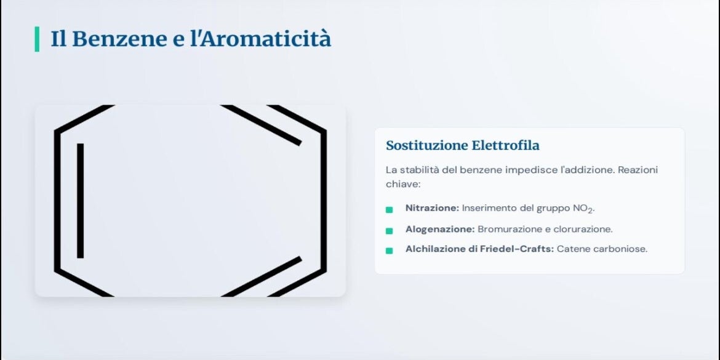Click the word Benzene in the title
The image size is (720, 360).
pyautogui.click(x=119, y=39)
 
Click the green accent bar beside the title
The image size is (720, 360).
pyautogui.click(x=37, y=39)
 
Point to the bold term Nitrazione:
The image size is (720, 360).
pyautogui.click(x=432, y=208)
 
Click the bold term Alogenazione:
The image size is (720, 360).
pyautogui.click(x=440, y=229)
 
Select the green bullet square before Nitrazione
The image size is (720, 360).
pyautogui.click(x=390, y=210)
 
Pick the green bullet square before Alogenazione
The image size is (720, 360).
pyautogui.click(x=390, y=231)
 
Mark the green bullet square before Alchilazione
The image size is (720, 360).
pyautogui.click(x=390, y=250)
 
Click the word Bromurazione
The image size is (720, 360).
pyautogui.click(x=508, y=229)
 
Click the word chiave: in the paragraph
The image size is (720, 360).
pyautogui.click(x=403, y=183)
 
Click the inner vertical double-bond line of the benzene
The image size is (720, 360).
pyautogui.click(x=81, y=201)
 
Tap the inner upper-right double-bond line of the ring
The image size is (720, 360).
pyautogui.click(x=262, y=126)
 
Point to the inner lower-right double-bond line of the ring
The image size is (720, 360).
pyautogui.click(x=262, y=276)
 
